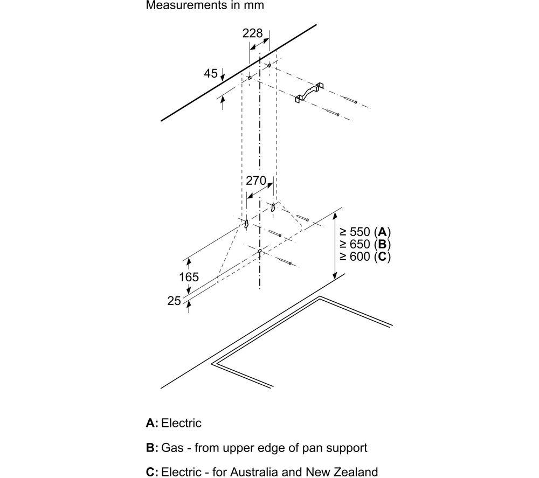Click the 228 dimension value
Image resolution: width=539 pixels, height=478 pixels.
click(252, 33)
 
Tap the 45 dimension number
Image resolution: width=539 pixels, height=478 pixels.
click(211, 73)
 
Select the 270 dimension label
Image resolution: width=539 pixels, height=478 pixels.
click(255, 181)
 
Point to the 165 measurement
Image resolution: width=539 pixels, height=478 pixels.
click(189, 276)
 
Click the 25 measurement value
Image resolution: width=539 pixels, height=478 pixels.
click(174, 301)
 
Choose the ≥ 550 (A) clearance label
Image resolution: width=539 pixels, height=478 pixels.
click(365, 232)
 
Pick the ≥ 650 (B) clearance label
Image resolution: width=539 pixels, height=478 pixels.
click(365, 244)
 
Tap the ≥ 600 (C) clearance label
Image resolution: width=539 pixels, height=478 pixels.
click(365, 257)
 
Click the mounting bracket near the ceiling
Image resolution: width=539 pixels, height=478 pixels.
click(309, 93)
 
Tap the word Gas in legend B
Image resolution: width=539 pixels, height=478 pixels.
click(172, 448)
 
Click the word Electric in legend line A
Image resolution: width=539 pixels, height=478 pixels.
click(181, 423)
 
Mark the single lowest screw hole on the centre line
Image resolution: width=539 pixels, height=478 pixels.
click(260, 252)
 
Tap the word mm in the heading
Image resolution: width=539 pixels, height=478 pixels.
click(255, 6)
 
